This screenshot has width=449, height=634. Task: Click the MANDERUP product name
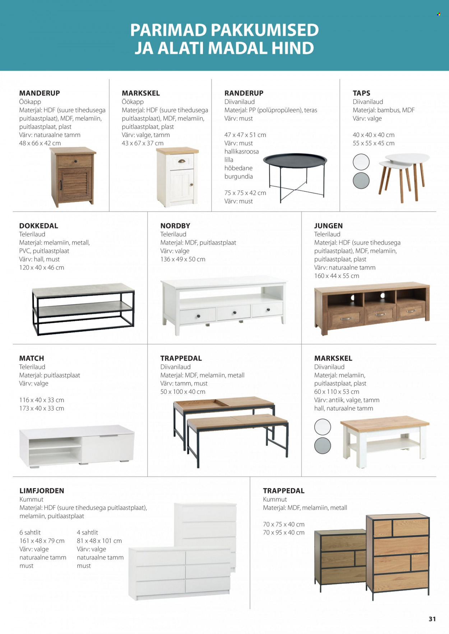40,93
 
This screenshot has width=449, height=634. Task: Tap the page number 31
432,619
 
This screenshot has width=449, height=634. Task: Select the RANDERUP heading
244,93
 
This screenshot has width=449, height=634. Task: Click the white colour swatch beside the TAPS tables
361,162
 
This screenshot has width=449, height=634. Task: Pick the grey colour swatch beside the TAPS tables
361,181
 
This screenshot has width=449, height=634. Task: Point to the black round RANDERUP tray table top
295,160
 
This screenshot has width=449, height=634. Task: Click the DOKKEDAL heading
38,226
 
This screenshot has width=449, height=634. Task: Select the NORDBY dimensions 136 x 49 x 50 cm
183,259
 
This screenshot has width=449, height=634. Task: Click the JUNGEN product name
328,226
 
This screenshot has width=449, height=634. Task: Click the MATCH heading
32,358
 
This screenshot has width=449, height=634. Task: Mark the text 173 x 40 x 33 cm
42,408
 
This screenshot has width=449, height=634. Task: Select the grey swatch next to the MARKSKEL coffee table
323,446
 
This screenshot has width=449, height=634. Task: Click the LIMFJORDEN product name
42,491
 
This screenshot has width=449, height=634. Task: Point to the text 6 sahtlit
30,533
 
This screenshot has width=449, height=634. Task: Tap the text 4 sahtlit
87,533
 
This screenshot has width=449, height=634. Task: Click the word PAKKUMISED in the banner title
265,30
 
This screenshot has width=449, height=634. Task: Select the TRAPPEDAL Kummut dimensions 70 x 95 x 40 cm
284,533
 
